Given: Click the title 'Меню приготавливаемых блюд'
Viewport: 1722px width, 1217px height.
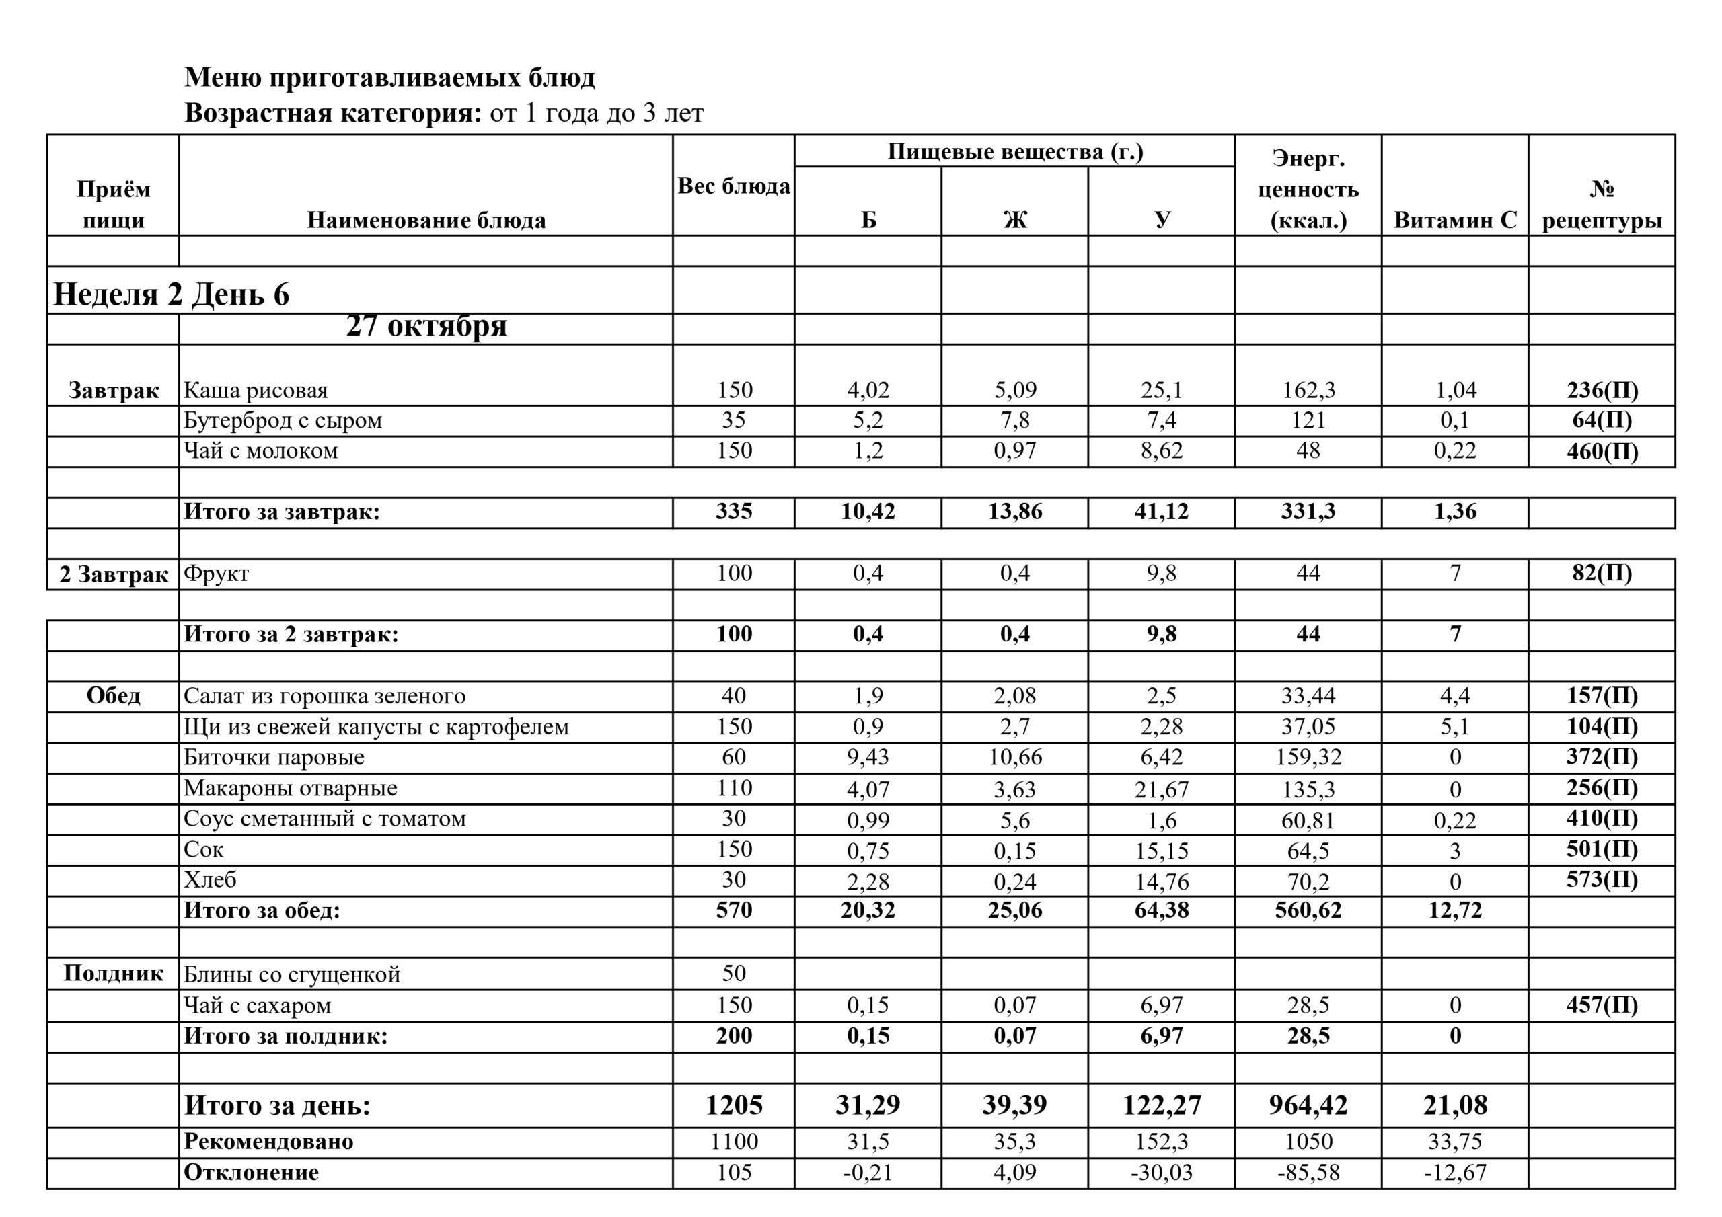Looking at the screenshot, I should pos(389,77).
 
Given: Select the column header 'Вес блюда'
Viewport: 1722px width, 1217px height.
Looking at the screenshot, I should pos(733,186).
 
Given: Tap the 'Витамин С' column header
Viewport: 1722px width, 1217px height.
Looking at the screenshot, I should pos(1454,220).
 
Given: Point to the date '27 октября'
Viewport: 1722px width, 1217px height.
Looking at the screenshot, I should pos(426,326).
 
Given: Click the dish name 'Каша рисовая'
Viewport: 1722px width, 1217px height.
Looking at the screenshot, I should pos(256,390).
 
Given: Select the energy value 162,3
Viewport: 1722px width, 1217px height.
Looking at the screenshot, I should pos(1308,390).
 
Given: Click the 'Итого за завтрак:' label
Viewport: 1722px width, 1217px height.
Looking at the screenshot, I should pos(282,512).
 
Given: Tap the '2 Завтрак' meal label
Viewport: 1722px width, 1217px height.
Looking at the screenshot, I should pos(113,574).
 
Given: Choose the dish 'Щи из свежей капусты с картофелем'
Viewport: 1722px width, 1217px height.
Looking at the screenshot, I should pos(376,727).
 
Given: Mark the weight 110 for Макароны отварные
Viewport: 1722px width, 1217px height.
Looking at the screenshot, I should pos(733,788).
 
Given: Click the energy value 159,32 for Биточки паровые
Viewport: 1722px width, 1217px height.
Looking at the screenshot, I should pos(1308,757).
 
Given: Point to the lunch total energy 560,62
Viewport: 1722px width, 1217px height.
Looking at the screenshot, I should pos(1308,910).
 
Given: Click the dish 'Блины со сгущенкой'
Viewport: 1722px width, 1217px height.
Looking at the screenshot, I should pos(292,974).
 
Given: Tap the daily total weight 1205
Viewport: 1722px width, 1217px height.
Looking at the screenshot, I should pos(733,1105).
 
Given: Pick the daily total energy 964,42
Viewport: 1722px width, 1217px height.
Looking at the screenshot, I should pos(1308,1105).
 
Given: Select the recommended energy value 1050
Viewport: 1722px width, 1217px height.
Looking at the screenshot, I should pos(1308,1141).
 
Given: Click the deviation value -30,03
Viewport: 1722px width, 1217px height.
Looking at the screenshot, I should pos(1161,1172).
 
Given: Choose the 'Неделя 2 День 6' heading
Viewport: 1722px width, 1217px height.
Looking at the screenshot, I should pos(171,294).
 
